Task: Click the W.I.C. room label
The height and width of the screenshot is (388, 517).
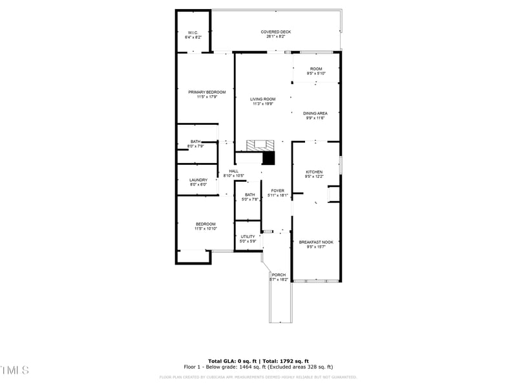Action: point(193,32)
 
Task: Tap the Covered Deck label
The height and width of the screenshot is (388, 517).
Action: point(276,32)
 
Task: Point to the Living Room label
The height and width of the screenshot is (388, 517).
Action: point(263,99)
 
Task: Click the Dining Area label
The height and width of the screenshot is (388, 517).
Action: point(315,113)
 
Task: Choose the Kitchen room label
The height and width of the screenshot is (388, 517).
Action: point(314,172)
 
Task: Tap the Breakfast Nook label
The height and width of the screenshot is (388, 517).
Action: point(316,242)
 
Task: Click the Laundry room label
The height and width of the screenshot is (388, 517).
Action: point(198,180)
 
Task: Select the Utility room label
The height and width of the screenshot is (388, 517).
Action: point(248,237)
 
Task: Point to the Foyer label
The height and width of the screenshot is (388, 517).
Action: point(277,191)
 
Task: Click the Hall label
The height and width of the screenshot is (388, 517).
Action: point(233,171)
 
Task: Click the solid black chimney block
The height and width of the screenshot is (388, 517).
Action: point(268,158)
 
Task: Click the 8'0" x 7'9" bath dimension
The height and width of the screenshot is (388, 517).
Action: point(195,146)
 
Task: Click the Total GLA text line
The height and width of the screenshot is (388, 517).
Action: point(258,361)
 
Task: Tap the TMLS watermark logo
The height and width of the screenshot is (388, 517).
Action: point(14,370)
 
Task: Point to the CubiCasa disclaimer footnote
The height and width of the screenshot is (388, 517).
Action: point(258,377)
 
